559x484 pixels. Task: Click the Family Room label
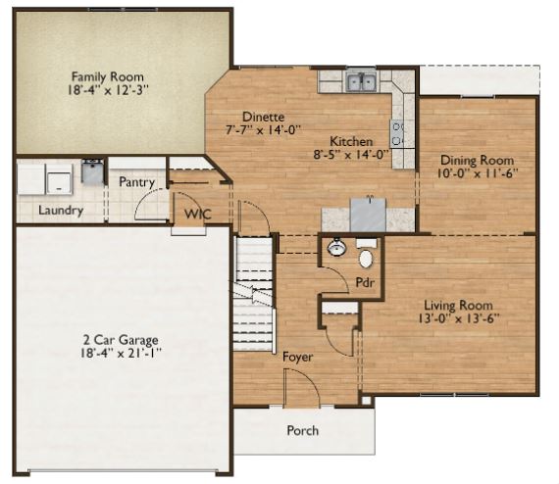click(x=108, y=76)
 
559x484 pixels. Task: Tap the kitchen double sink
click(x=362, y=81)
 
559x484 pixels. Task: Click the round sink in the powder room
click(x=337, y=247)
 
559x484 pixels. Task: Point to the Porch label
click(x=303, y=430)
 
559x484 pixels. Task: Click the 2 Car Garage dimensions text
click(x=121, y=354)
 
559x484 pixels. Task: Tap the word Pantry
click(x=137, y=182)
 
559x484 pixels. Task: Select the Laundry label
click(x=61, y=210)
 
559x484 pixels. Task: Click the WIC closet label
click(x=198, y=214)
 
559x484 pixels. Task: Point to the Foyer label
click(x=298, y=357)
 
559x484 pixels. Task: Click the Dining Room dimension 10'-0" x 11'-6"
click(x=478, y=173)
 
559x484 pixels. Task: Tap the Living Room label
click(x=458, y=306)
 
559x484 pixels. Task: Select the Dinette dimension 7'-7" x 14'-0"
click(x=264, y=130)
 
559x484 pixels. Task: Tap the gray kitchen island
click(x=368, y=216)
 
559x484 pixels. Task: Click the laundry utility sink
click(x=92, y=170)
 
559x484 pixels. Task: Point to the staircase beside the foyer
click(x=255, y=294)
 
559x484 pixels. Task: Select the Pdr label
click(x=365, y=283)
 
